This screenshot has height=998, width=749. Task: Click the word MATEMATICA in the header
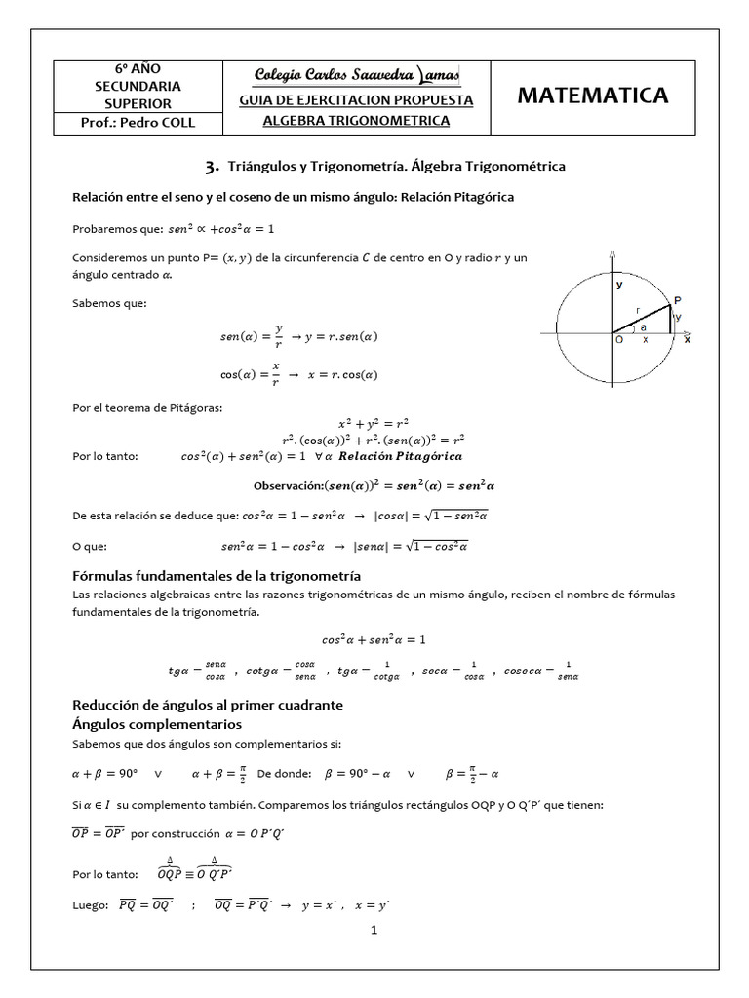click(592, 95)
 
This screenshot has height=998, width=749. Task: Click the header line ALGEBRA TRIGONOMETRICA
click(357, 121)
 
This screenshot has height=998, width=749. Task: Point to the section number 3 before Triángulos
click(211, 167)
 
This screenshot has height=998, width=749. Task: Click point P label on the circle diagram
click(677, 300)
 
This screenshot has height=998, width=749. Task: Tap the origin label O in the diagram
click(618, 340)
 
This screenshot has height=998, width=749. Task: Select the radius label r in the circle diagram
click(638, 311)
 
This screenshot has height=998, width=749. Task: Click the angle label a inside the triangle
click(643, 328)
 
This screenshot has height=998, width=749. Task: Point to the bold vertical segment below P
click(671, 319)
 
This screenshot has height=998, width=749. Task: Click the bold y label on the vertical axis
click(618, 285)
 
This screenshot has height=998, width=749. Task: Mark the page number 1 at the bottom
click(374, 930)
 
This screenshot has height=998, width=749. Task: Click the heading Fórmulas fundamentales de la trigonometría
click(217, 575)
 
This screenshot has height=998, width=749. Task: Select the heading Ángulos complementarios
click(158, 724)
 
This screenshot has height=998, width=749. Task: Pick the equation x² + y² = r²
click(374, 424)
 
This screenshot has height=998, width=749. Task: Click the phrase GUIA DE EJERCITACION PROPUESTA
click(357, 99)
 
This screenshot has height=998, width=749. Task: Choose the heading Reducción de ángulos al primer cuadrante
click(209, 705)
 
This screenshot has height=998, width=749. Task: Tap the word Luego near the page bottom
click(90, 904)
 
